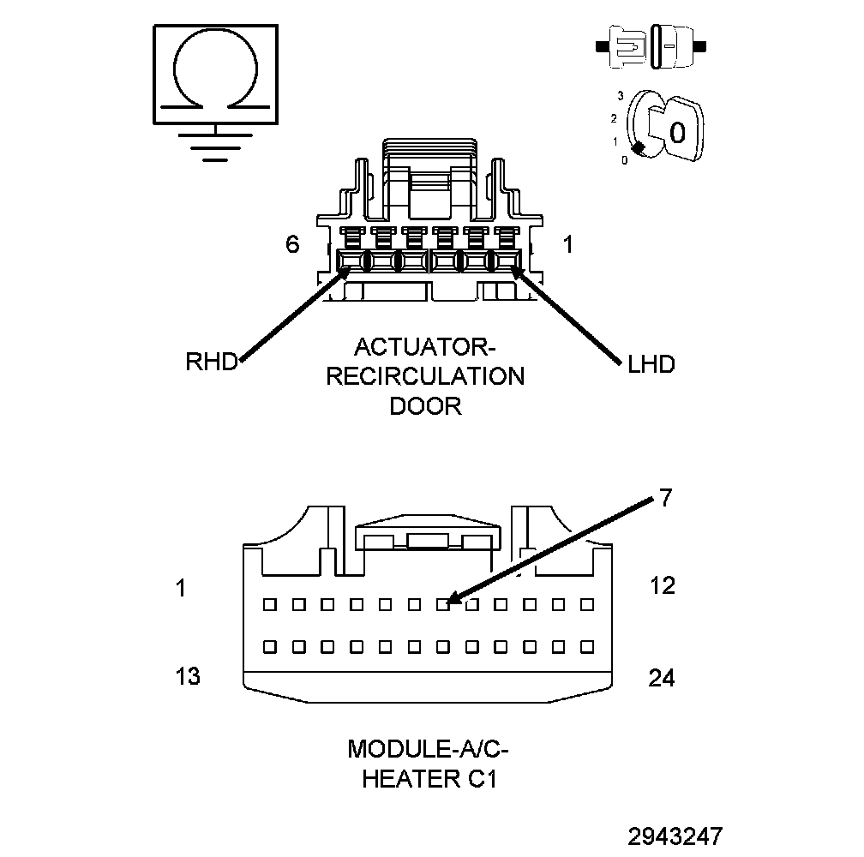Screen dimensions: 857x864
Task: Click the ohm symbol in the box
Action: [215, 74]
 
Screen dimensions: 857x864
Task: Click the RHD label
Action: [211, 362]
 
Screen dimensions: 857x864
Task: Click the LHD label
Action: [651, 364]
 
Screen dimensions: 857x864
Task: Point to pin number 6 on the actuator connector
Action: [292, 244]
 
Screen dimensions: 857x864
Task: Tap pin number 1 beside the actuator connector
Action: [567, 244]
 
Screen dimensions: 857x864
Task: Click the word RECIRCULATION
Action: [425, 377]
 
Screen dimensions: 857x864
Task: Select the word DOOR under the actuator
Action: [425, 405]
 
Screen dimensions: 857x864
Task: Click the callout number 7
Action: [666, 498]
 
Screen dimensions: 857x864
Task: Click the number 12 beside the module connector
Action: [663, 586]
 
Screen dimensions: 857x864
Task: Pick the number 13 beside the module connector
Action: [188, 676]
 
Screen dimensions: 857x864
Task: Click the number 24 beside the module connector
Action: [662, 679]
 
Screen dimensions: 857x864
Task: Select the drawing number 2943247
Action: [675, 836]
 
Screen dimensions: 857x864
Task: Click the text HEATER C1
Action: [429, 779]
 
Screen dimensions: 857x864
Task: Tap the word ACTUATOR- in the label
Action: [425, 348]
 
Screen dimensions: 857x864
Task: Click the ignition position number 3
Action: [620, 95]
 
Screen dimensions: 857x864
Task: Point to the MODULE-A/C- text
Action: [429, 750]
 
